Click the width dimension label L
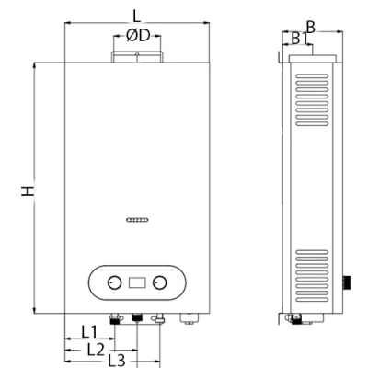click(x=136, y=15)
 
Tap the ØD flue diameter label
click(x=137, y=36)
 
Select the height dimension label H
click(x=29, y=190)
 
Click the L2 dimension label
click(x=95, y=348)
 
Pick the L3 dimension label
click(x=113, y=361)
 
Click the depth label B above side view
click(x=311, y=28)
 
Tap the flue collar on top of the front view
click(x=136, y=58)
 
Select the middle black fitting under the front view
click(x=137, y=318)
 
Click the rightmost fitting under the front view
click(x=190, y=319)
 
